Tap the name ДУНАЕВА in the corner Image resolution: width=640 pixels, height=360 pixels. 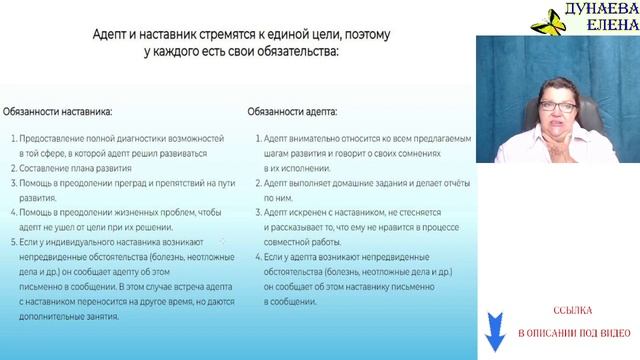pyautogui.click(x=598, y=11)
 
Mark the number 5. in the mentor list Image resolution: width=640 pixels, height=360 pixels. pyautogui.click(x=12, y=242)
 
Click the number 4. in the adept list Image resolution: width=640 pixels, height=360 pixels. pyautogui.click(x=257, y=257)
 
